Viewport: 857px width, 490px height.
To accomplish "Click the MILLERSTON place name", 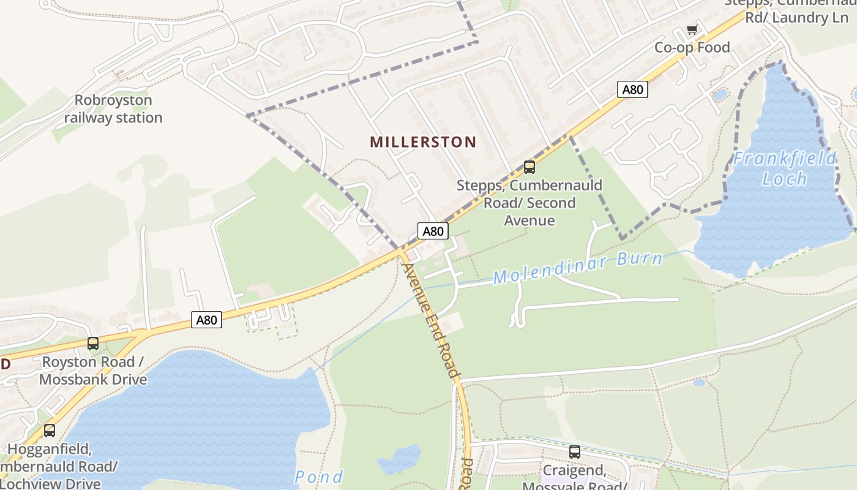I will [x=422, y=142].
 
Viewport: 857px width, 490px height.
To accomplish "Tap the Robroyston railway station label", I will [x=113, y=109].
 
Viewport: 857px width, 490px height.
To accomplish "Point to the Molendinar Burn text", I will [x=577, y=268].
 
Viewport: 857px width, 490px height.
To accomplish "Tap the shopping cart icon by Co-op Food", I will [x=692, y=29].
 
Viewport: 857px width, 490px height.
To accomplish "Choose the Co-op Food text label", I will [x=692, y=47].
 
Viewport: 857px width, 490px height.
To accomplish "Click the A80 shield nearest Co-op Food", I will [x=632, y=89].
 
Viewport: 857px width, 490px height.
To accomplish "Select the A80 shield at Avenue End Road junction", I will [x=433, y=231].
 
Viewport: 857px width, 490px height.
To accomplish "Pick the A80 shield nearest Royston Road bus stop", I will [x=206, y=319].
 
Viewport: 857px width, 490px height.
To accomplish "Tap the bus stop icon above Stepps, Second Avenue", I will [x=529, y=167].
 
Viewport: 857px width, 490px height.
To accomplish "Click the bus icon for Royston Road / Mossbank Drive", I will [x=93, y=344].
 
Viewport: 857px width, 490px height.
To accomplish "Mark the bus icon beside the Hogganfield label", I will [x=50, y=431].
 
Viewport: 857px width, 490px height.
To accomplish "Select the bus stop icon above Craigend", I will [x=574, y=452].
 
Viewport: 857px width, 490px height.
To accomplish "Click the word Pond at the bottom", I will [x=319, y=477].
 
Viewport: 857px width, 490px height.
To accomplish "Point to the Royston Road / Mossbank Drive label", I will [x=93, y=371].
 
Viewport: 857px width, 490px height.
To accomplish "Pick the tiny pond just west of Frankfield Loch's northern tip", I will [x=720, y=94].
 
